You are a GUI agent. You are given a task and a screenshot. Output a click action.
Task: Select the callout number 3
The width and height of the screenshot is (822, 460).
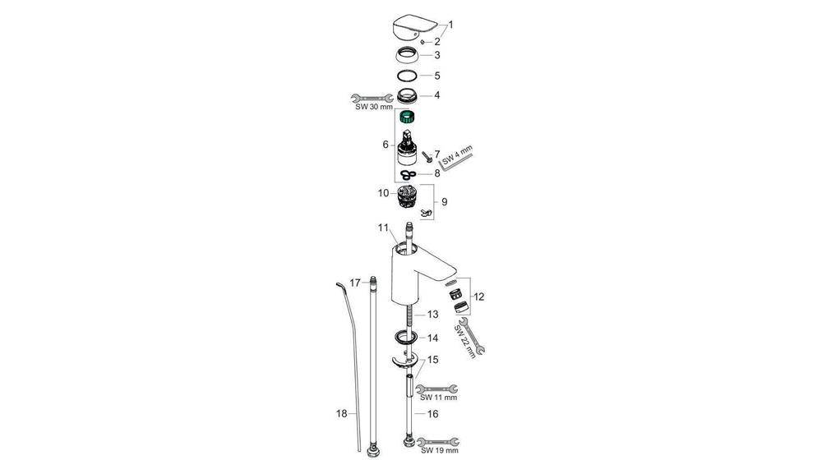437,55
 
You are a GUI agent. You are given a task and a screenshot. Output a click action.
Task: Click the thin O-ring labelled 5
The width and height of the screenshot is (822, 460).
406,76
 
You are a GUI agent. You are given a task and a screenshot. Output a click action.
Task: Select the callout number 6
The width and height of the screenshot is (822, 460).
385,145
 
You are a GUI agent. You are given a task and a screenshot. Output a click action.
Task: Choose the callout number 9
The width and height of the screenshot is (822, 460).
444,201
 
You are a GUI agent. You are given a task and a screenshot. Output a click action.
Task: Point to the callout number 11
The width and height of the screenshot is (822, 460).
382,227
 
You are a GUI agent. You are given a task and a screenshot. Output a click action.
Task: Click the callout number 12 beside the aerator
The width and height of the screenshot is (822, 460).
479,296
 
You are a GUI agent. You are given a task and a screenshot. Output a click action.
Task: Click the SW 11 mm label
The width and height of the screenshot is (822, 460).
437,397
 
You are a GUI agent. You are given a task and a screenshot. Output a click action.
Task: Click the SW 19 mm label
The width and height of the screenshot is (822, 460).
437,451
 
